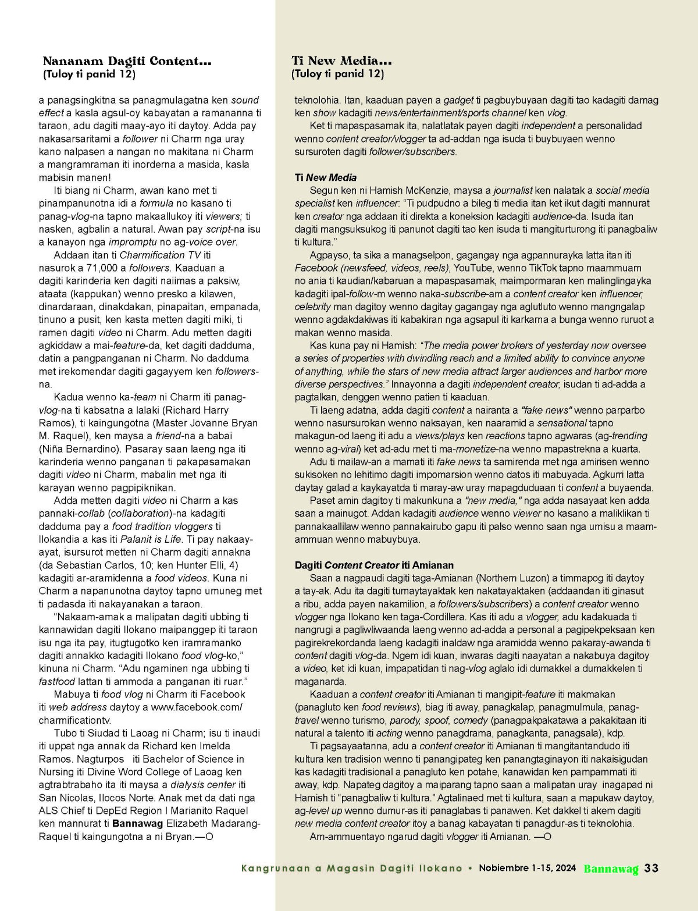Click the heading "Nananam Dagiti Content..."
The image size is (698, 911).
point(127,61)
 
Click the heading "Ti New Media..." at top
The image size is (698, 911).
point(341,61)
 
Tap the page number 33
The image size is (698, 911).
point(651,869)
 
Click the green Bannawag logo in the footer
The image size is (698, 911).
point(611,869)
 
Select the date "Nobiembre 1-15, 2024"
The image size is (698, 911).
point(528,869)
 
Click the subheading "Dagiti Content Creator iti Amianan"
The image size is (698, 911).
point(374,565)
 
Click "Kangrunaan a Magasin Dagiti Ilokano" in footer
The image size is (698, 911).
point(352,869)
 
